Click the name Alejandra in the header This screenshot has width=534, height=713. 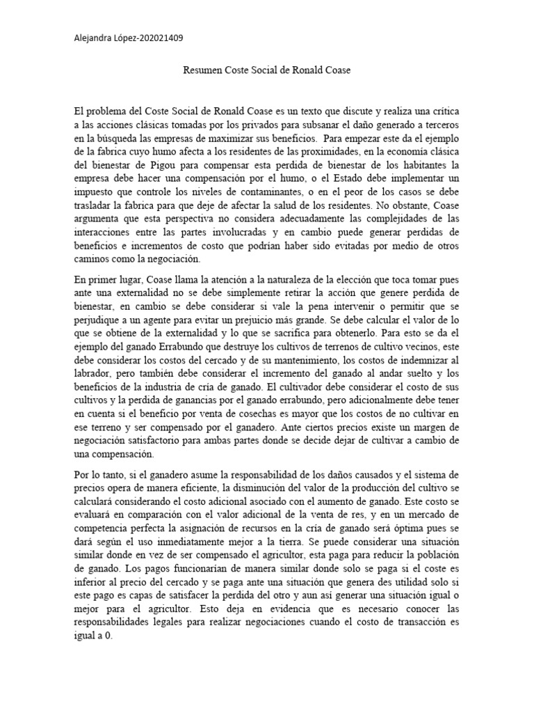[95, 39]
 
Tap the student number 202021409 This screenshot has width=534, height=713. [161, 39]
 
